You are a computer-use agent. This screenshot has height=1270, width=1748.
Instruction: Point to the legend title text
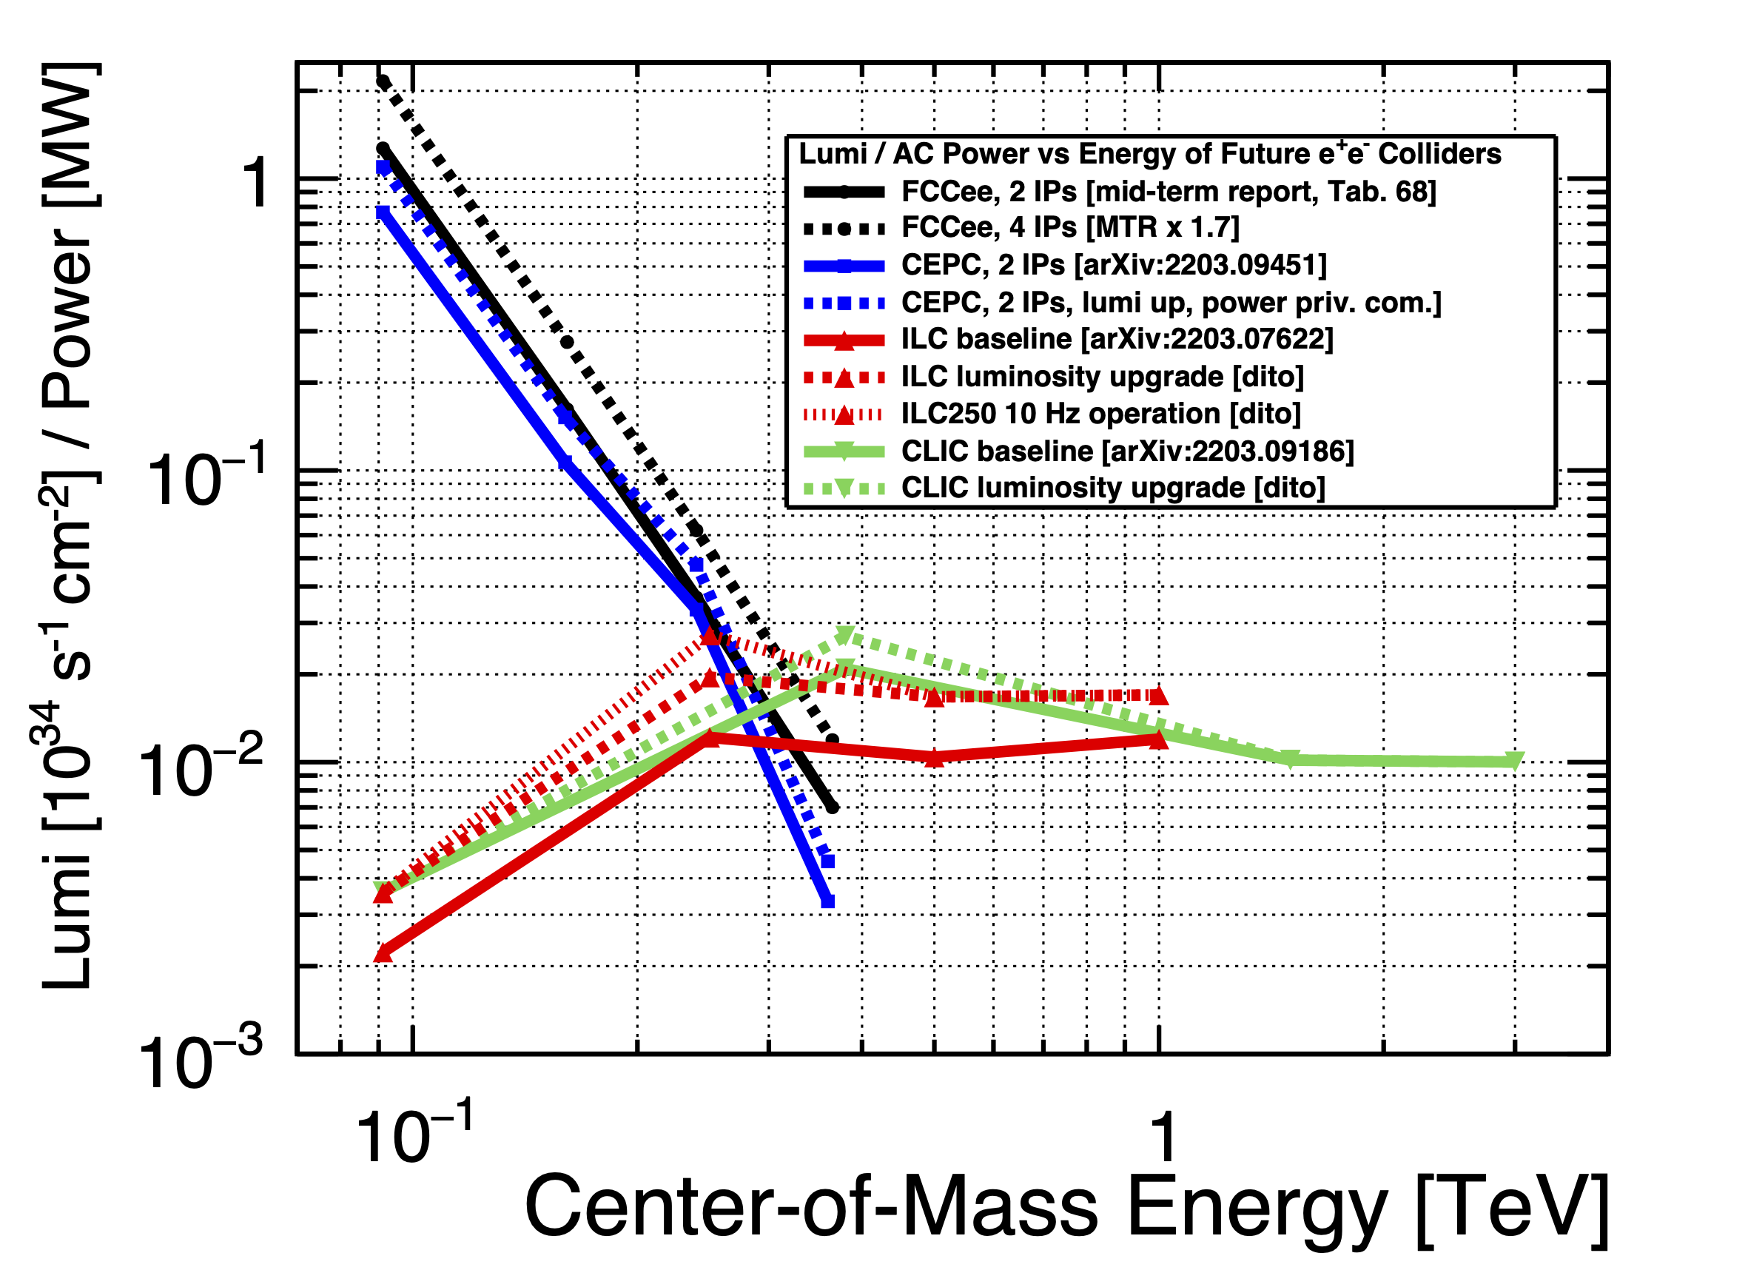1149,154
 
